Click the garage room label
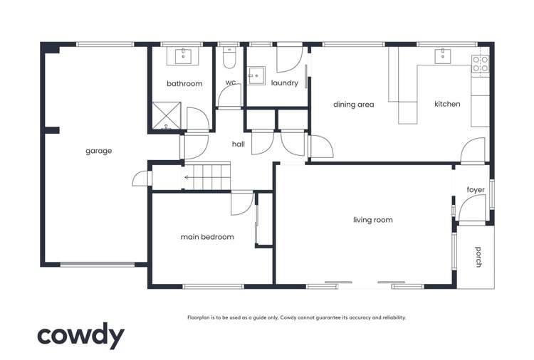click(x=99, y=151)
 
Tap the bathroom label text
click(x=184, y=84)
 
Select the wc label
click(x=231, y=83)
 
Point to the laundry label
click(x=284, y=83)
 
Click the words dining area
click(x=354, y=105)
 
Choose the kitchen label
click(x=447, y=104)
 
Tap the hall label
click(x=239, y=144)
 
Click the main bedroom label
click(x=207, y=237)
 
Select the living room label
click(x=372, y=220)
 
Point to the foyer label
click(x=476, y=190)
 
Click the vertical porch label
click(x=478, y=257)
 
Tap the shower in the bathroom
click(x=166, y=117)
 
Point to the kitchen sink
click(x=440, y=54)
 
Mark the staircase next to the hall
click(x=207, y=176)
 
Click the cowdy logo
click(x=80, y=337)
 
